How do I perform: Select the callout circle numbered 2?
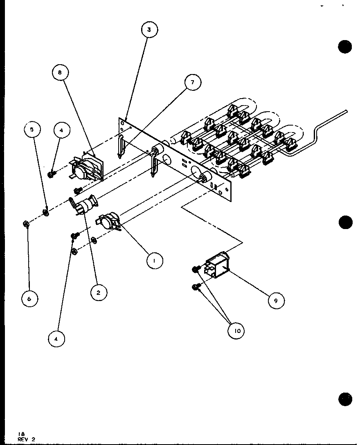tap(99, 292)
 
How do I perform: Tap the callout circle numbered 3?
tap(149, 29)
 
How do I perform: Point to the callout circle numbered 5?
tap(32, 130)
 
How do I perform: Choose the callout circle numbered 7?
tap(193, 83)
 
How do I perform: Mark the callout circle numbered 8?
tap(61, 74)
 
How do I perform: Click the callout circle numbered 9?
tap(276, 301)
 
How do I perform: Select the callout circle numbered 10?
tap(236, 330)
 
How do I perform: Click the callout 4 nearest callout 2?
tap(57, 338)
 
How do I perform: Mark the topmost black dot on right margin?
tap(345, 47)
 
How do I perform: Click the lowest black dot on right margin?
tap(345, 398)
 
